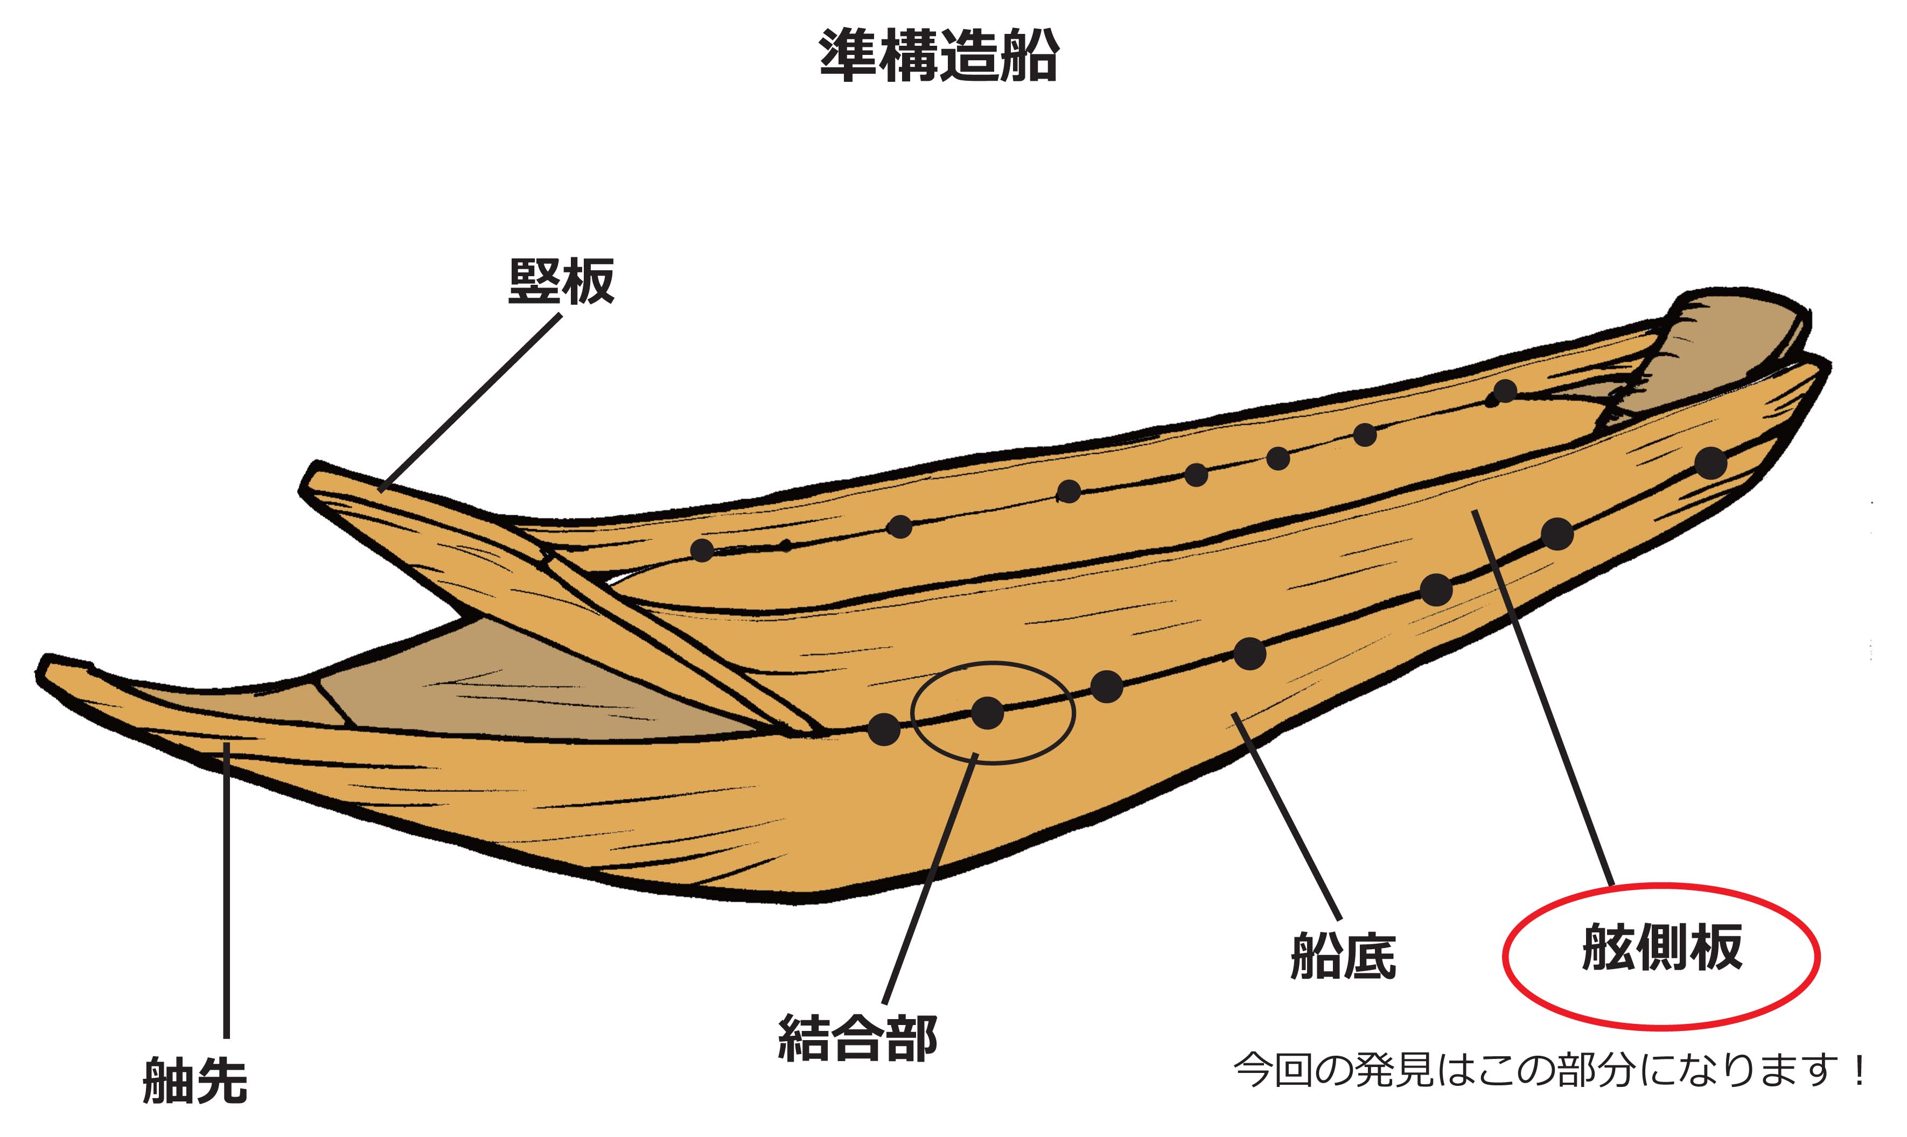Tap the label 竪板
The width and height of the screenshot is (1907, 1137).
point(561,281)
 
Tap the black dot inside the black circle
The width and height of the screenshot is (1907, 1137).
point(987,713)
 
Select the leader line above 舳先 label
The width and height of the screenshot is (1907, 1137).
point(227,889)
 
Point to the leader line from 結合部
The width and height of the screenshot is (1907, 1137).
point(929,881)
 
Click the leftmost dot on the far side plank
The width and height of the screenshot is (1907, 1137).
point(701,549)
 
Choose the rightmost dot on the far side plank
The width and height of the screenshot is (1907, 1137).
point(1505,391)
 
